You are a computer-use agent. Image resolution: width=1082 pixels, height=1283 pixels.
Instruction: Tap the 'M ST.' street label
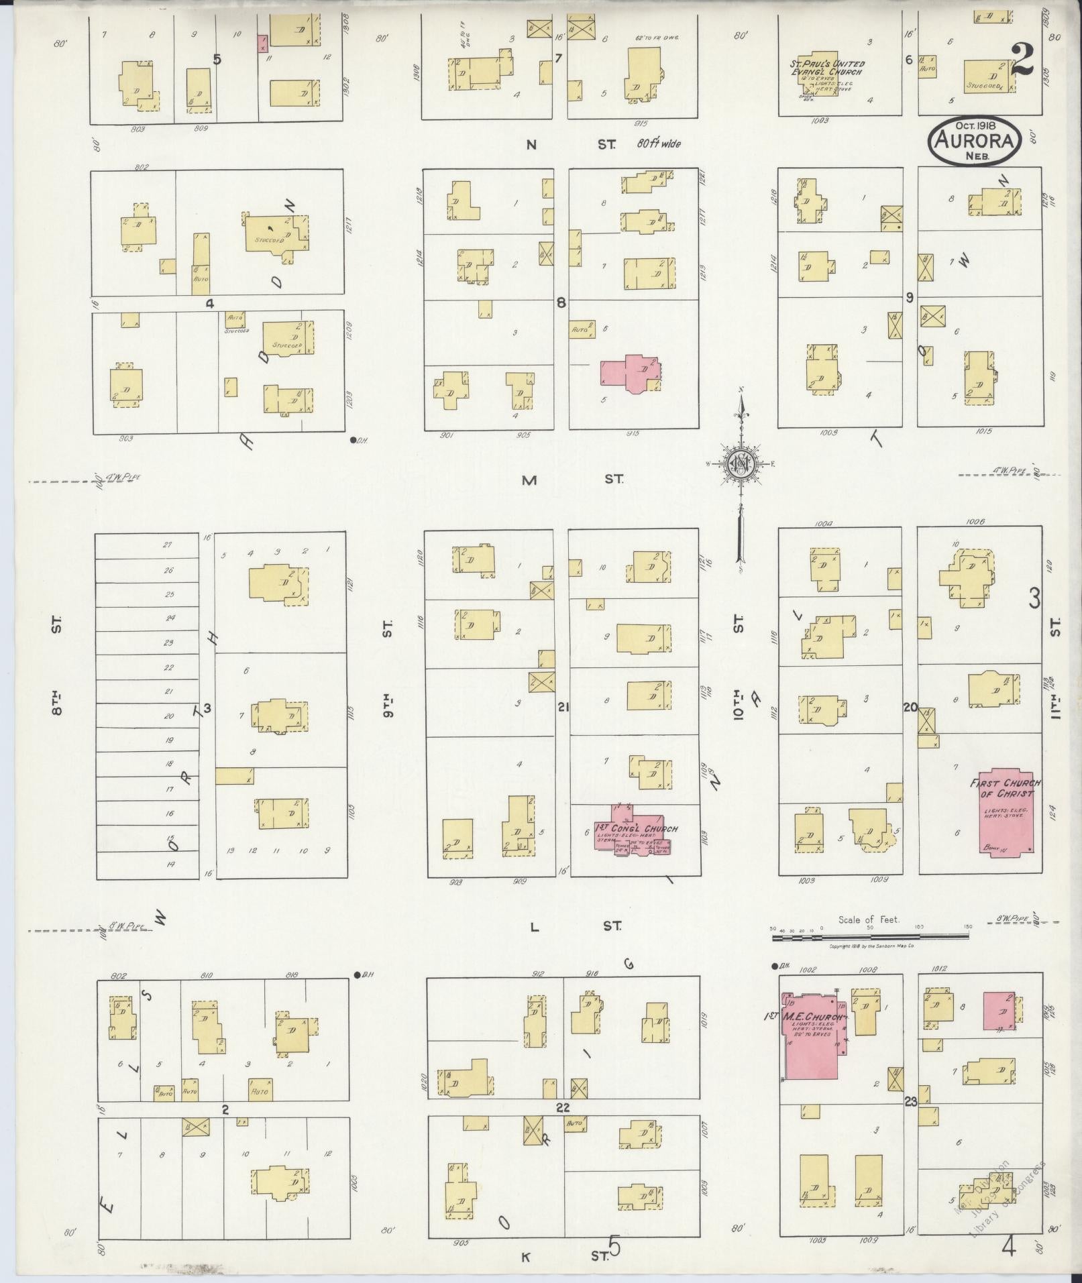571,480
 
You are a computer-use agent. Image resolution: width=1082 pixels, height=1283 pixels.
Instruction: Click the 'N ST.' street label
571,144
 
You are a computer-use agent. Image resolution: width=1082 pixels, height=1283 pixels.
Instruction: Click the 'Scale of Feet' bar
870,931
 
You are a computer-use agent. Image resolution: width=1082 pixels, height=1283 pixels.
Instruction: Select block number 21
563,706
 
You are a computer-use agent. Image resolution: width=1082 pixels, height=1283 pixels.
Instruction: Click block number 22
562,1107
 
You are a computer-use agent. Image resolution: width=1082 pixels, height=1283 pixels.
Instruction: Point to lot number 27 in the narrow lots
168,545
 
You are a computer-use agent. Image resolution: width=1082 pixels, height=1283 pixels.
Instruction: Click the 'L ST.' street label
574,926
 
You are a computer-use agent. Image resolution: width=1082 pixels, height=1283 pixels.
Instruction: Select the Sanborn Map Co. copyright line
872,946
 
